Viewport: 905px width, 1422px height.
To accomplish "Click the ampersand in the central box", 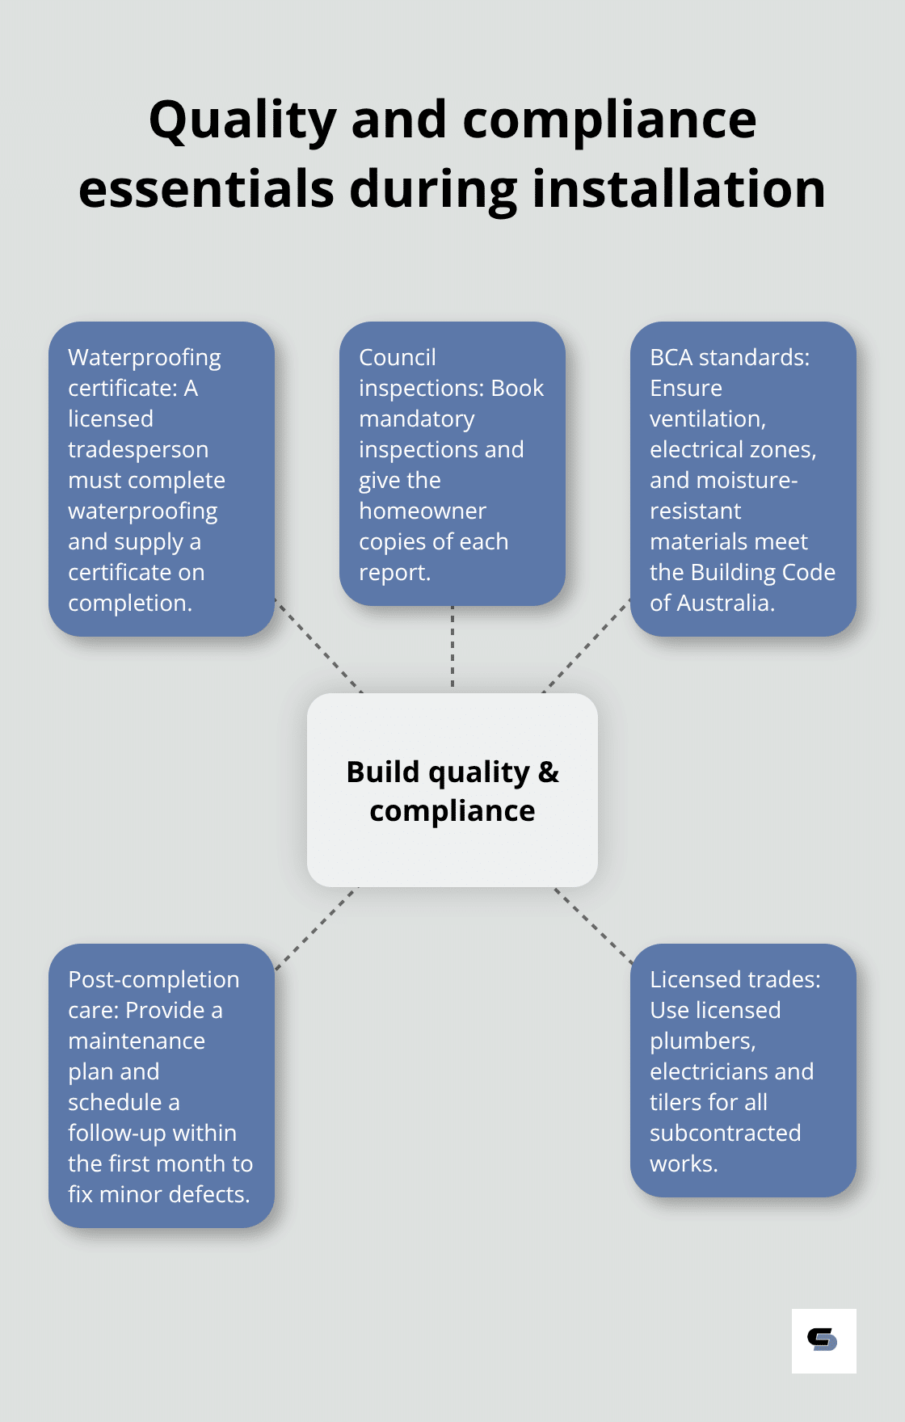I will (548, 772).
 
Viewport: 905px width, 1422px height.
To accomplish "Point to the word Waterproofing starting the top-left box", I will (144, 358).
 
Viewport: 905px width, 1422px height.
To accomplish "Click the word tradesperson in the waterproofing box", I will (138, 450).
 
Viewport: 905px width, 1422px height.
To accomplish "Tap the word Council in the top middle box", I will (397, 357).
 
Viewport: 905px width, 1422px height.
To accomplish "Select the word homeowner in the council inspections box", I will (422, 511).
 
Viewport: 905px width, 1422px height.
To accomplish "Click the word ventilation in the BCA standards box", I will (706, 419).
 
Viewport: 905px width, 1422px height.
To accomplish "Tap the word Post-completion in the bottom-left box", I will (154, 980).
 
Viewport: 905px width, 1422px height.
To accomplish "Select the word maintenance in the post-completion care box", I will (136, 1041).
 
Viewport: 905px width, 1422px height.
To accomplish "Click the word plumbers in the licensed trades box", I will (701, 1041).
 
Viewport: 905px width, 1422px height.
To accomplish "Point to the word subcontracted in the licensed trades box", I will (725, 1134).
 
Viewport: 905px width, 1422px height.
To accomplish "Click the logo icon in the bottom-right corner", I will (823, 1340).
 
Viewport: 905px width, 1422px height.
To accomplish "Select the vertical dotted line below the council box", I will (452, 648).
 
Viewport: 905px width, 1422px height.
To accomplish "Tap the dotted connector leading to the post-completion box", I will (315, 928).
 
